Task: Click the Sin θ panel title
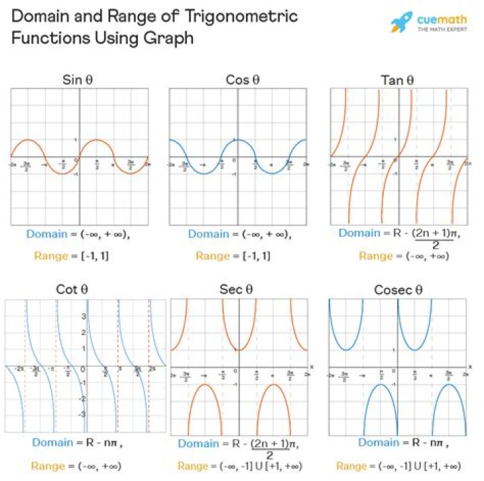[77, 81]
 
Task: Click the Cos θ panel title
[241, 81]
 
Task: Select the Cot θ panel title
[72, 290]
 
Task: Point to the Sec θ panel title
[235, 290]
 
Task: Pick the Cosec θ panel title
[399, 290]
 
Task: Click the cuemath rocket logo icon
[402, 22]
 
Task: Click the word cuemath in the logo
[443, 18]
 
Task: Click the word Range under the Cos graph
[212, 256]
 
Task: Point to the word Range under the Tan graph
[375, 256]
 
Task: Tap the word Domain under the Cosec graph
[378, 443]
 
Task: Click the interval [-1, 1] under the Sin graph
[93, 256]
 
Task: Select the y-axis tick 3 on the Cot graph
[83, 315]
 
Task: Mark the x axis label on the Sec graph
[311, 366]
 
